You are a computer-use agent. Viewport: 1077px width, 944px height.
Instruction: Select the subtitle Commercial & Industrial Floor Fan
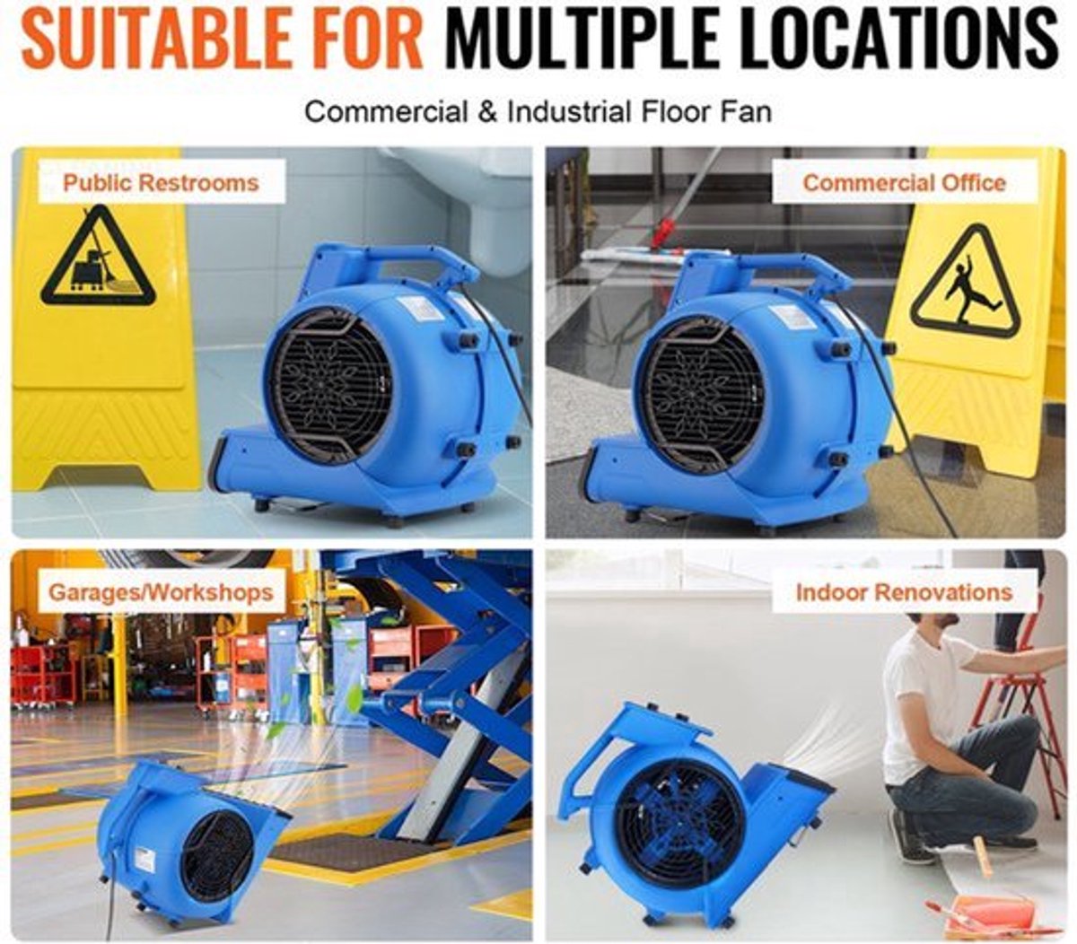click(x=538, y=112)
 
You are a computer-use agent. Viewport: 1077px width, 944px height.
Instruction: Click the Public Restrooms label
click(x=161, y=183)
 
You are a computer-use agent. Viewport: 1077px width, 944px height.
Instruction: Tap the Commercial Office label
click(x=905, y=183)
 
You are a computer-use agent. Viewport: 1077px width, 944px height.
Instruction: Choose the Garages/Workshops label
click(x=161, y=591)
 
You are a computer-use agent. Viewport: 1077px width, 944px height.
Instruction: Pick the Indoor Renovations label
click(x=904, y=591)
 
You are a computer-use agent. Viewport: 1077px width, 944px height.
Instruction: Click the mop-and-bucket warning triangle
click(x=98, y=258)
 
